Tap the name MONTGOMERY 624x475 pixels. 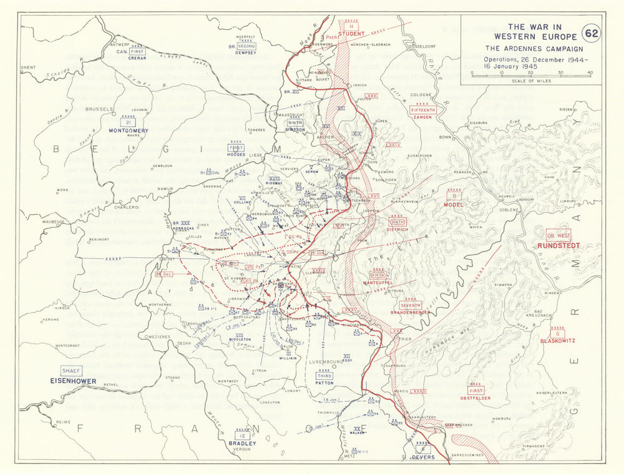point(128,130)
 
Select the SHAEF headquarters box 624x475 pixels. point(70,370)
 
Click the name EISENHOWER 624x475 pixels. point(74,380)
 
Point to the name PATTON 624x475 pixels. point(324,383)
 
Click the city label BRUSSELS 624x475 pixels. point(97,109)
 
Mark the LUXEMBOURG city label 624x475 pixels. point(324,361)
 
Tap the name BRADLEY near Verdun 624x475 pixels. point(242,443)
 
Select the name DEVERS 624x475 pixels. point(422,457)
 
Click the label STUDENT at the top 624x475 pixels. point(351,34)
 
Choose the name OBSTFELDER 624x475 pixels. point(476,398)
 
